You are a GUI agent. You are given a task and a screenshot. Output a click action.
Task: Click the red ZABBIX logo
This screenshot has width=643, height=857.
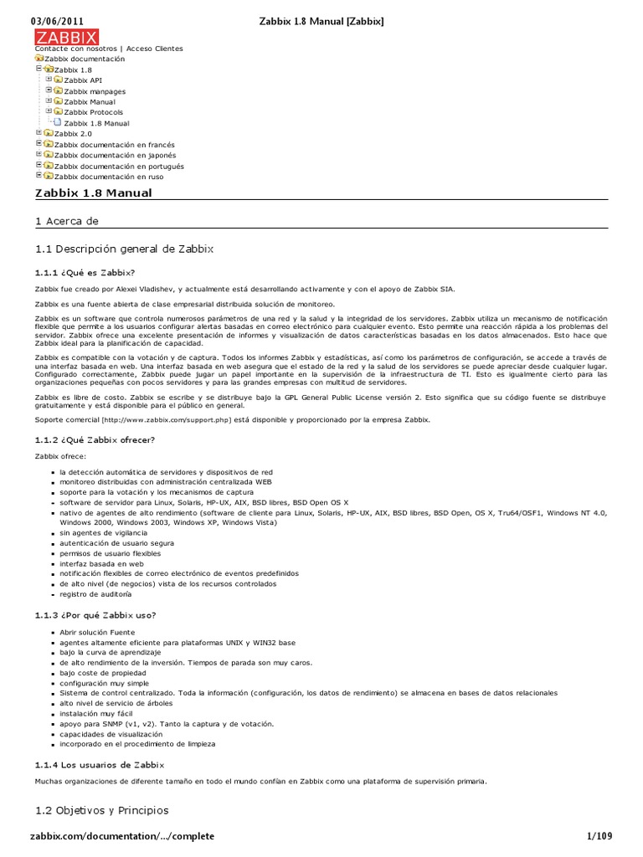click(66, 37)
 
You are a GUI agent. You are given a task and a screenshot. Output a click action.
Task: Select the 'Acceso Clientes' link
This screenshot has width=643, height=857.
click(155, 49)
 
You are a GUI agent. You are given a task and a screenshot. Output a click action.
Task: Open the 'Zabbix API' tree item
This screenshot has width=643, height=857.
click(83, 80)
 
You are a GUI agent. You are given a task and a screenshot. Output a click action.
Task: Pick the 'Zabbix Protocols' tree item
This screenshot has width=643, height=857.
click(93, 112)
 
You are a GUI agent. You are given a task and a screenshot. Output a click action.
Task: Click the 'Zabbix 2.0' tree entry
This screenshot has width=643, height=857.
click(73, 134)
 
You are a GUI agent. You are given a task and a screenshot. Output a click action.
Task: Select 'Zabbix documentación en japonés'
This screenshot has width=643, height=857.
click(113, 156)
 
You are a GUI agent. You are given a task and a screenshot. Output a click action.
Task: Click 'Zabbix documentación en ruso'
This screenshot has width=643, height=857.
click(108, 177)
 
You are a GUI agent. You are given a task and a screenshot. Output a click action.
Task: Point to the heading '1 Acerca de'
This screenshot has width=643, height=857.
click(67, 221)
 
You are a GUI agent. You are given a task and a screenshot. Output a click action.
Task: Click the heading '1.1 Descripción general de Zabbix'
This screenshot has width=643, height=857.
click(124, 249)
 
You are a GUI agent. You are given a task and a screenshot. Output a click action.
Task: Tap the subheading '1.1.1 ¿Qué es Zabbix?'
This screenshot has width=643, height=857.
click(84, 272)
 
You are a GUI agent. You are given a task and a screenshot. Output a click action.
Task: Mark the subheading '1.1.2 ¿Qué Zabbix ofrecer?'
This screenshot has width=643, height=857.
click(95, 439)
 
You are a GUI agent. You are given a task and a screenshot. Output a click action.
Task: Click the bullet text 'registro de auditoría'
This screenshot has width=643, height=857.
click(95, 594)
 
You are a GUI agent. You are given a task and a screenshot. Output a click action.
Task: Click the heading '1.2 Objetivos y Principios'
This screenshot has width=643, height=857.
click(101, 810)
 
